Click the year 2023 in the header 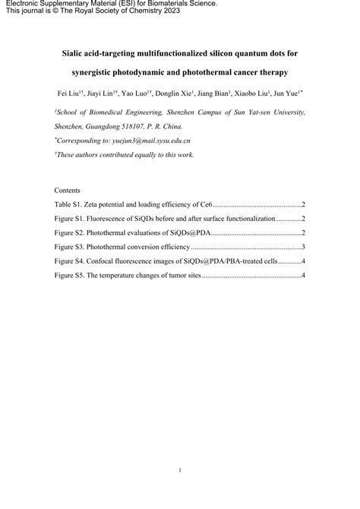click(x=195, y=12)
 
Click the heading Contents click(x=69, y=190)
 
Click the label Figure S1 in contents click(x=71, y=219)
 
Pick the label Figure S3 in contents click(x=71, y=247)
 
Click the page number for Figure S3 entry click(x=303, y=247)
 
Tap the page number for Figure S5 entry click(x=303, y=275)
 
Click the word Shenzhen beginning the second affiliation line click(x=71, y=127)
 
